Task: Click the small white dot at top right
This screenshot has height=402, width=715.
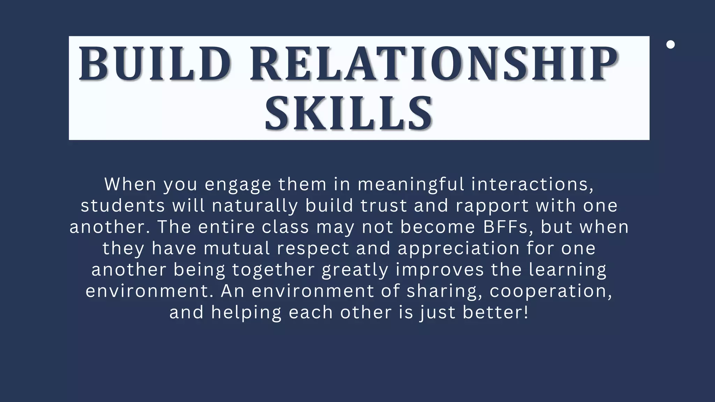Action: [670, 45]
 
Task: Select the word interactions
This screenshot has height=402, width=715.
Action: [532, 184]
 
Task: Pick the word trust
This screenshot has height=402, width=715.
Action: [384, 206]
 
